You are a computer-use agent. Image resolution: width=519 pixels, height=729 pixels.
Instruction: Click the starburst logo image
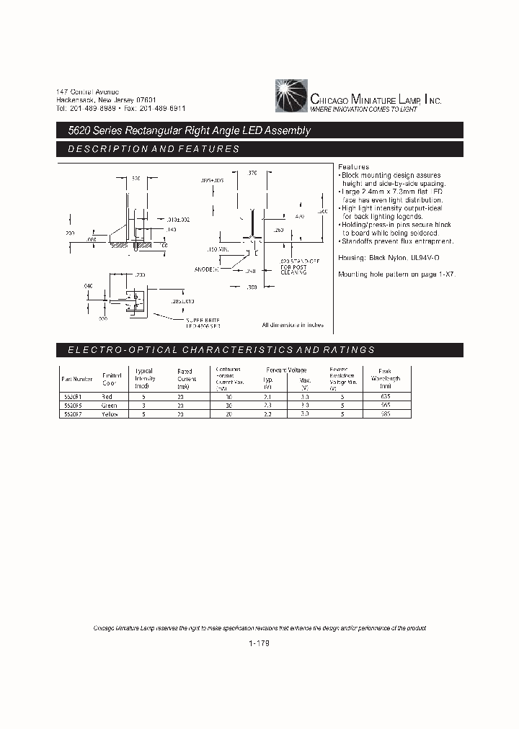pos(291,97)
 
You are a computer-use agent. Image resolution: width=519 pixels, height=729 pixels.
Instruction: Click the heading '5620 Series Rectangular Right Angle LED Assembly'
pos(185,131)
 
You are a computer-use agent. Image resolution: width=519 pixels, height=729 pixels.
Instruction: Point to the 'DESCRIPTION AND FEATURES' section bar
pos(259,149)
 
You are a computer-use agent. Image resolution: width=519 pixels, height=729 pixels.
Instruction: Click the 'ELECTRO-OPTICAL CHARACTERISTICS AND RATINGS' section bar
pos(259,349)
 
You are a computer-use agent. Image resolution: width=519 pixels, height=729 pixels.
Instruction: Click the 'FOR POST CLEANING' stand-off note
pos(293,271)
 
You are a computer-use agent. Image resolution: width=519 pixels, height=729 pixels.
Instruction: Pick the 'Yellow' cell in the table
pos(110,414)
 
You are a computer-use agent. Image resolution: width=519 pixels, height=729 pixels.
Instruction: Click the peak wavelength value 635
pos(386,397)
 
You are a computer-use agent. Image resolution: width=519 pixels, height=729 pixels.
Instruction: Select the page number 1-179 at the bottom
pos(259,645)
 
